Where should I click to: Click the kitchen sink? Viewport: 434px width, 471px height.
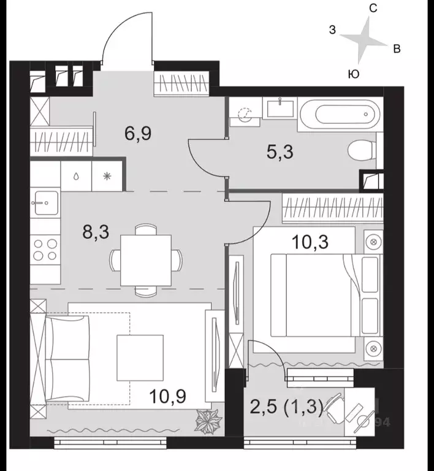point(44,201)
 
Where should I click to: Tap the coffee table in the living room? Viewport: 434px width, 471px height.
point(140,356)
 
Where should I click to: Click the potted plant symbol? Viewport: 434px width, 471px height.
point(205,421)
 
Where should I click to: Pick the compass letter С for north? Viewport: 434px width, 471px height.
point(372,8)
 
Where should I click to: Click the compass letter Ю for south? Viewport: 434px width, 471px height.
point(353,74)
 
